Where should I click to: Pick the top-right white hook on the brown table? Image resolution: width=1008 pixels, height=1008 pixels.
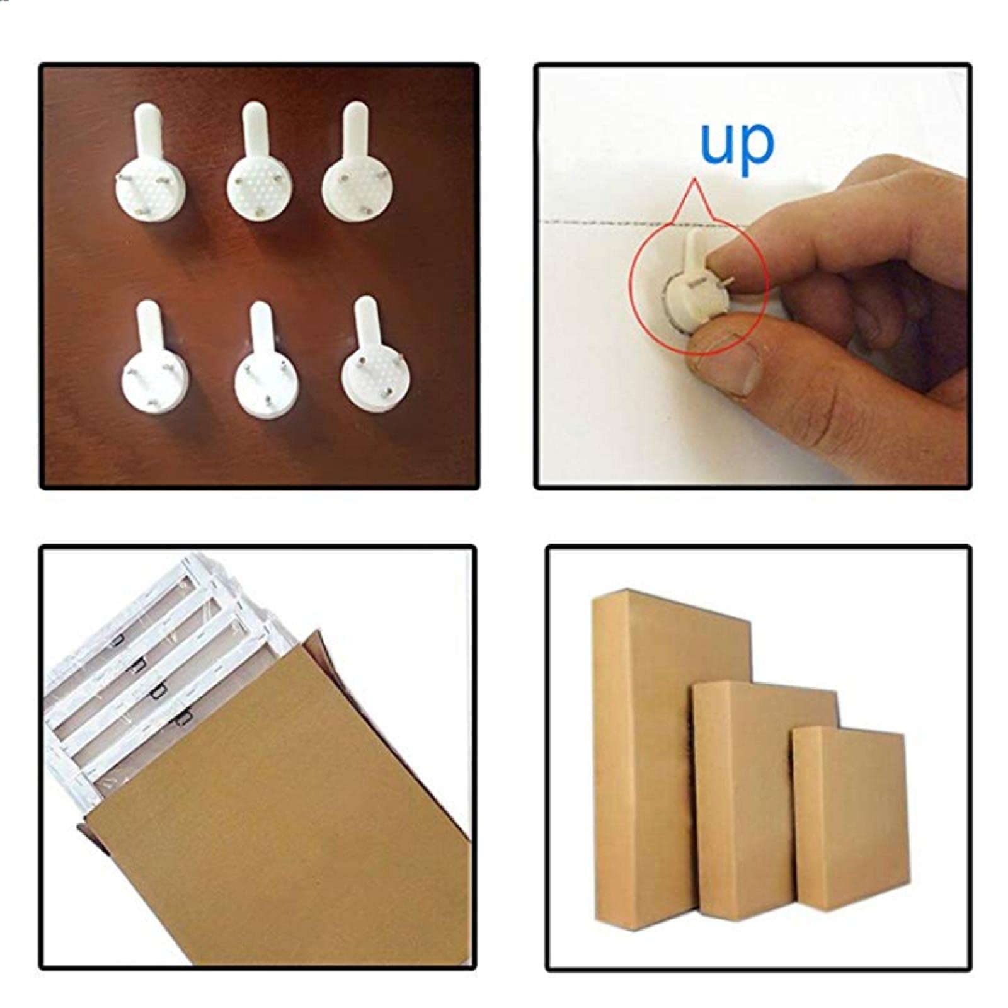pos(354,173)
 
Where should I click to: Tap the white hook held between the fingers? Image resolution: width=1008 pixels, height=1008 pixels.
pos(692,277)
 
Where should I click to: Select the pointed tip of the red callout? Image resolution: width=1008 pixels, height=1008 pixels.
pos(695,181)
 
